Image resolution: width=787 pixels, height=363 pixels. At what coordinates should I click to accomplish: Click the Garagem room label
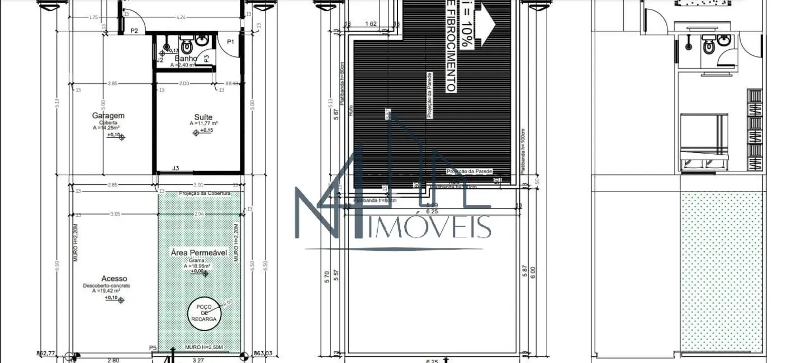108,116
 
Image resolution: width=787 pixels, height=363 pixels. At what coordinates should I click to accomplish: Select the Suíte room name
200,117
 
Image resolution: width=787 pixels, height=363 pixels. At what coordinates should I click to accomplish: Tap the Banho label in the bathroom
186,58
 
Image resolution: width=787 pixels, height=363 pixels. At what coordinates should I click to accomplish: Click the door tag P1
230,41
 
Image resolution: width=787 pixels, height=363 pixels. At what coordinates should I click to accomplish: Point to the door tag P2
134,31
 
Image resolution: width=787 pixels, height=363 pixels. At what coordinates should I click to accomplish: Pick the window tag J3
176,168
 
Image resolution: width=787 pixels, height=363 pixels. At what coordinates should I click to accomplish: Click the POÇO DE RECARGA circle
204,314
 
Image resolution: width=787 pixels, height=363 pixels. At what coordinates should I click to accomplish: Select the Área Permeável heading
198,252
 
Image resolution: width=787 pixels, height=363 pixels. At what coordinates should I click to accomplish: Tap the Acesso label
114,278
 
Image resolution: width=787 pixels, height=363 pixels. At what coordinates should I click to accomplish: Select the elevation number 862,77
46,353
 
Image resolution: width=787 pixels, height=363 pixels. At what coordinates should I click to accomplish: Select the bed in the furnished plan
704,142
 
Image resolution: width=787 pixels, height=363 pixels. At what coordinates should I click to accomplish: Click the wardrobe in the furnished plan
755,130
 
